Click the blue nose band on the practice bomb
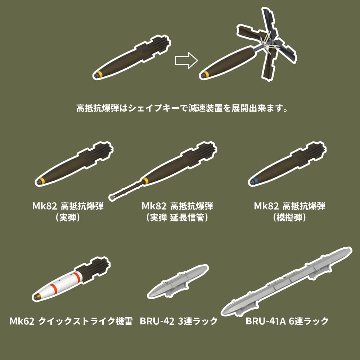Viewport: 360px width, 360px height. tap(255, 181)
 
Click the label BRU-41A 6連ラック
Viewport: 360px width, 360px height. tap(287, 320)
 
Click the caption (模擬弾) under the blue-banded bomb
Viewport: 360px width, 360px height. tap(289, 218)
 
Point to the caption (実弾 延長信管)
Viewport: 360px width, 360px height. tap(177, 218)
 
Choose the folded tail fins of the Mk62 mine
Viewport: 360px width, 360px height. tap(94, 268)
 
